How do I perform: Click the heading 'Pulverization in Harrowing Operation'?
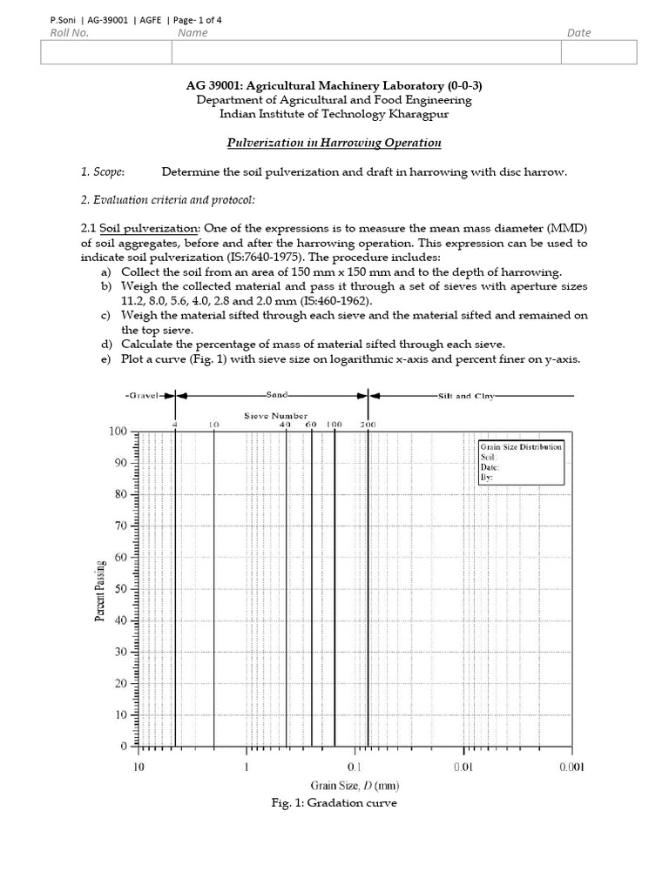pos(334,143)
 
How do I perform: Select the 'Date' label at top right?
pos(578,33)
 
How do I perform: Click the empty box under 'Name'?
pos(366,53)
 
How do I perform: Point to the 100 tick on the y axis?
pos(117,432)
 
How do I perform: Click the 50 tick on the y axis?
pos(120,589)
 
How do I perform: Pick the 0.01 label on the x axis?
pos(463,767)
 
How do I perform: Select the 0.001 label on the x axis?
pos(571,767)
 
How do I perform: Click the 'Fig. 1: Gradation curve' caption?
pos(334,803)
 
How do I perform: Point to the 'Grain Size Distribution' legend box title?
pos(522,446)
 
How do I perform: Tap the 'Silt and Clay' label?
pos(468,396)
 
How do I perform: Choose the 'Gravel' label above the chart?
pos(142,396)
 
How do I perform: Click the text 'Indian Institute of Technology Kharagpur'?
pos(334,113)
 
